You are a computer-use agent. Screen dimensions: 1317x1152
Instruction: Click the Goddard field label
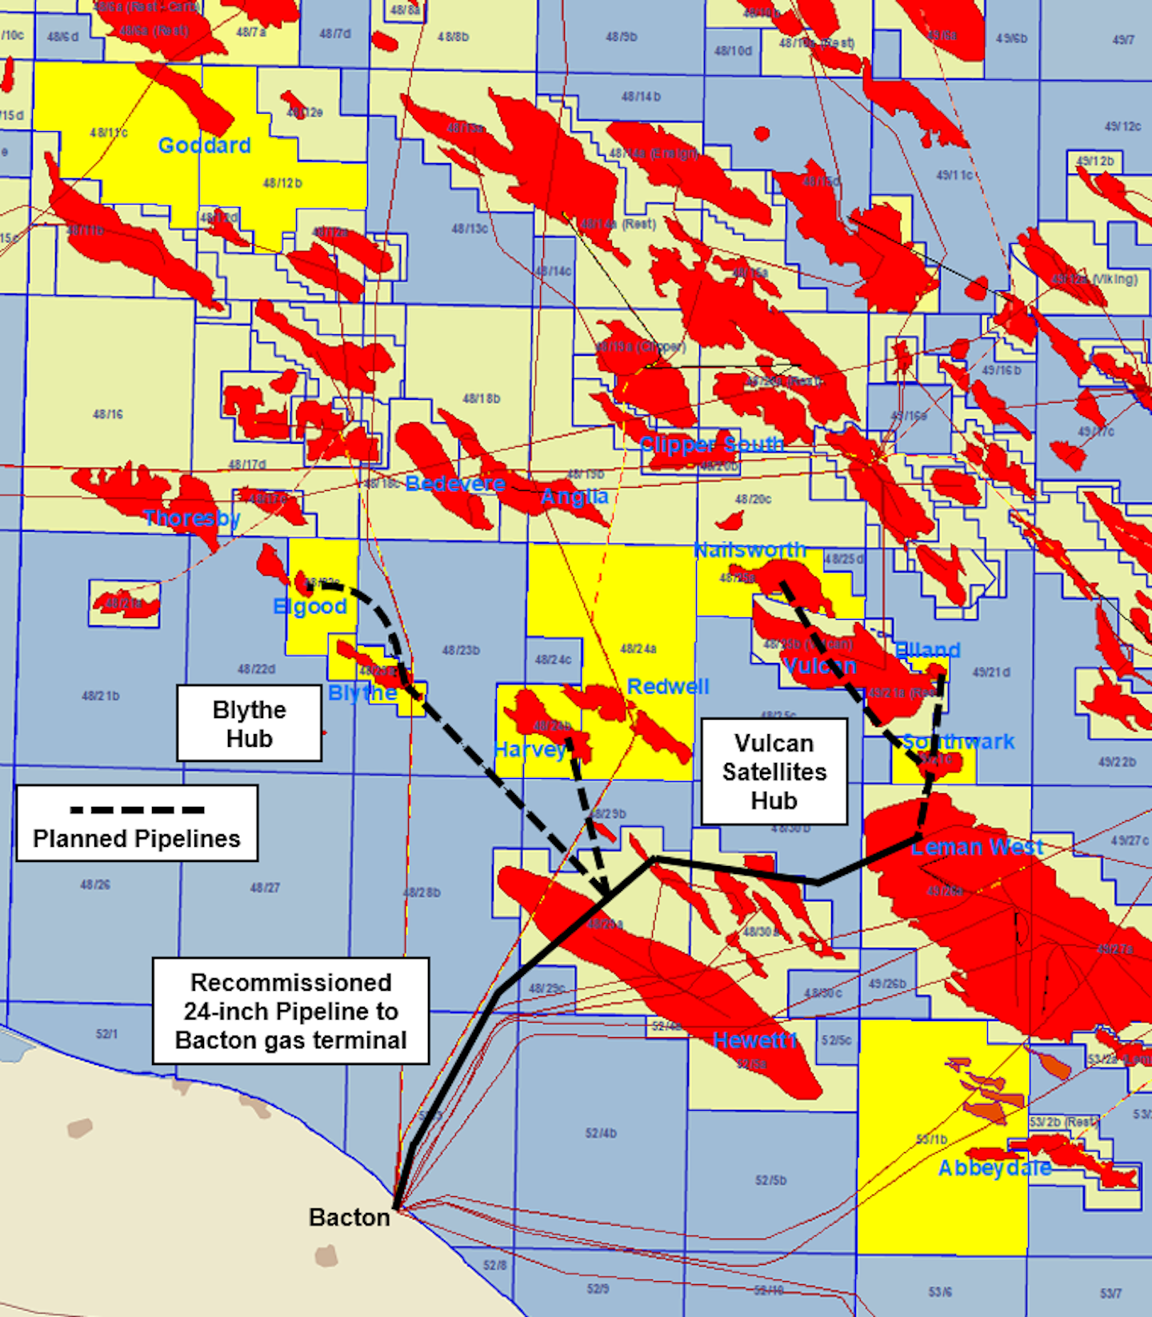click(204, 146)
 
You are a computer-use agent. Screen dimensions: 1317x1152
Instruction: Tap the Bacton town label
click(350, 1217)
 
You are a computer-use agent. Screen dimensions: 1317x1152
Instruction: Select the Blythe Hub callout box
click(250, 724)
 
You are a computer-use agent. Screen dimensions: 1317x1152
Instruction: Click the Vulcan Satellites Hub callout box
click(774, 772)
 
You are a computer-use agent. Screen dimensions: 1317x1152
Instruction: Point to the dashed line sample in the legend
click(137, 810)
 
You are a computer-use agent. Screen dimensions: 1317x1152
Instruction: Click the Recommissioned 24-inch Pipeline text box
click(291, 1011)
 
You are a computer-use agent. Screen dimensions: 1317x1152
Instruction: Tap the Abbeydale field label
click(994, 1168)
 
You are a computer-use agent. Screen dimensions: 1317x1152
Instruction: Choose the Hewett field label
click(755, 1040)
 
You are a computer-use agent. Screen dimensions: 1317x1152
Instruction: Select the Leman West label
click(977, 848)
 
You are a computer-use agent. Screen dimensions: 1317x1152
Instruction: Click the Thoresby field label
click(192, 518)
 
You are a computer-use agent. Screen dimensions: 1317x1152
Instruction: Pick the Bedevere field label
click(455, 483)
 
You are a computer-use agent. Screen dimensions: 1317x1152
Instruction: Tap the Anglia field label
click(574, 497)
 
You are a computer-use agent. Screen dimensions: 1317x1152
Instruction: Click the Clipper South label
click(711, 445)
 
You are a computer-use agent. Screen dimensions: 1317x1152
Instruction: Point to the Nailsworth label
click(750, 550)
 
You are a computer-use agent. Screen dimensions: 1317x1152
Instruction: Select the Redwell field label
click(668, 687)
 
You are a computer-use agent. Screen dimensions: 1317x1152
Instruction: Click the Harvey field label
click(529, 750)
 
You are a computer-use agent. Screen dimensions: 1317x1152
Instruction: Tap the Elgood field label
click(310, 607)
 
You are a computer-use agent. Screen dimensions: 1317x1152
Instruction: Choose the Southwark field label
click(958, 741)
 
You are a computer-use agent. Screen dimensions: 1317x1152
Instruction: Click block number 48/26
click(95, 884)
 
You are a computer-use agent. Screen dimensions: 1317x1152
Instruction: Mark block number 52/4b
click(601, 1133)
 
